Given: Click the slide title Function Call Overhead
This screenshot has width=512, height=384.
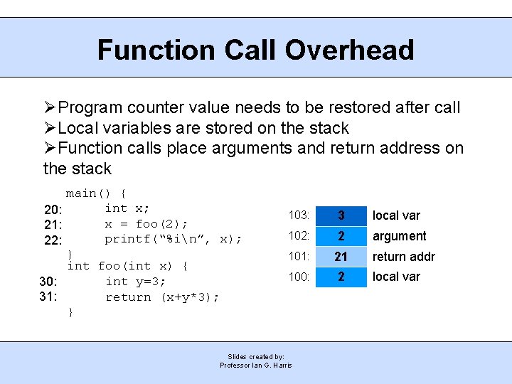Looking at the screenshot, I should [255, 50].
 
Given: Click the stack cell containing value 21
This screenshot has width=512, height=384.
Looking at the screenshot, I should [341, 257].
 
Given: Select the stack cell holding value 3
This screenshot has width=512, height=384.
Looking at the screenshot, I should [341, 215].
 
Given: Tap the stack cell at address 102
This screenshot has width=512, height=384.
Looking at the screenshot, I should [341, 236].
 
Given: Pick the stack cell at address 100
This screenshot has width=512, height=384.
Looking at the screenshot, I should [341, 277].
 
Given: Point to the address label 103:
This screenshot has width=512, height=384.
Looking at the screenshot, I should [299, 215].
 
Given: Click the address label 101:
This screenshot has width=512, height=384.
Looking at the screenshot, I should [299, 257].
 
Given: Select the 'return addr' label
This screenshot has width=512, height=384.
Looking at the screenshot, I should [403, 257].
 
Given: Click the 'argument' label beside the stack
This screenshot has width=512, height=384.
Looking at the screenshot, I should [399, 236].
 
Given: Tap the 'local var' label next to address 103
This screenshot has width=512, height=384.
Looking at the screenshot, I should [396, 215].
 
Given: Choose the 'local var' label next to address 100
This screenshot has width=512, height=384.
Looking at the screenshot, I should [396, 277].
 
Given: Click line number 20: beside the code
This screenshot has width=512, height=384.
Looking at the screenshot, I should [53, 210].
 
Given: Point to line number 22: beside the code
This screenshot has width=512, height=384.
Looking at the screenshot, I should [53, 240].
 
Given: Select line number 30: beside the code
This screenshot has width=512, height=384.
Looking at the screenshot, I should [48, 281].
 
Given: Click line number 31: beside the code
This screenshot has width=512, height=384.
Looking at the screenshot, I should [48, 297].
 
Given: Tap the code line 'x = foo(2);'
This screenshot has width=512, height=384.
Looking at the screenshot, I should [146, 223].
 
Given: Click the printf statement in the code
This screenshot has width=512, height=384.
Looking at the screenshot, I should [173, 239].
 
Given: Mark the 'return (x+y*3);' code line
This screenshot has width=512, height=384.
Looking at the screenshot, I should [162, 297].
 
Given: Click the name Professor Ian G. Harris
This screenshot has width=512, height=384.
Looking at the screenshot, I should [256, 366].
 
